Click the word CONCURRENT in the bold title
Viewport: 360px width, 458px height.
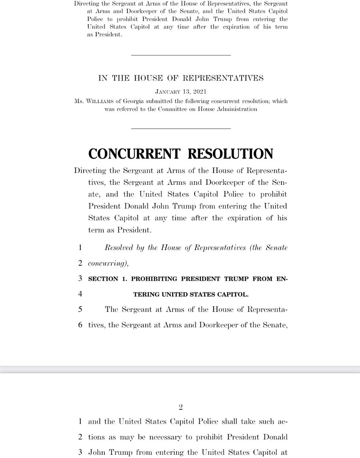tap(134, 154)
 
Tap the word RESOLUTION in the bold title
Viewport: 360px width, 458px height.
tap(230, 154)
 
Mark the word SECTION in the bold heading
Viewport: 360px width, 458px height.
tap(103, 279)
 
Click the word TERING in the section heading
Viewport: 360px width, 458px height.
tap(147, 294)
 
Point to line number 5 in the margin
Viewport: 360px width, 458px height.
tap(80, 310)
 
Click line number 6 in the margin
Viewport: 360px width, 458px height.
tap(80, 325)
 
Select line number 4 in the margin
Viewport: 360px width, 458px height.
tap(80, 294)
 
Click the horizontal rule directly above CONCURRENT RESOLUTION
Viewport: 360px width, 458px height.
tap(180, 128)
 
